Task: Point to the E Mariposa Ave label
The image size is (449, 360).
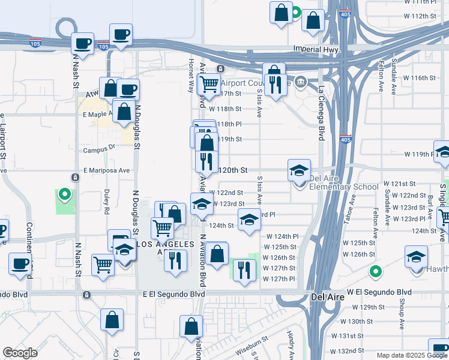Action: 107,170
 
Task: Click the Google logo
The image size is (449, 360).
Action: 20,353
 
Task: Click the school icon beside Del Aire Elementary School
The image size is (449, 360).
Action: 299,170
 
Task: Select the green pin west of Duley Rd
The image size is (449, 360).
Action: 64,194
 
